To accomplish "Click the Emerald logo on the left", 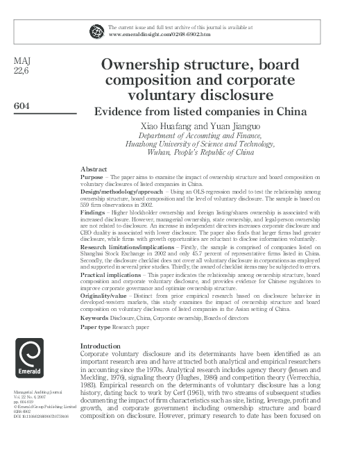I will (28, 365).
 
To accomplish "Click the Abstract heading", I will (94, 169).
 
